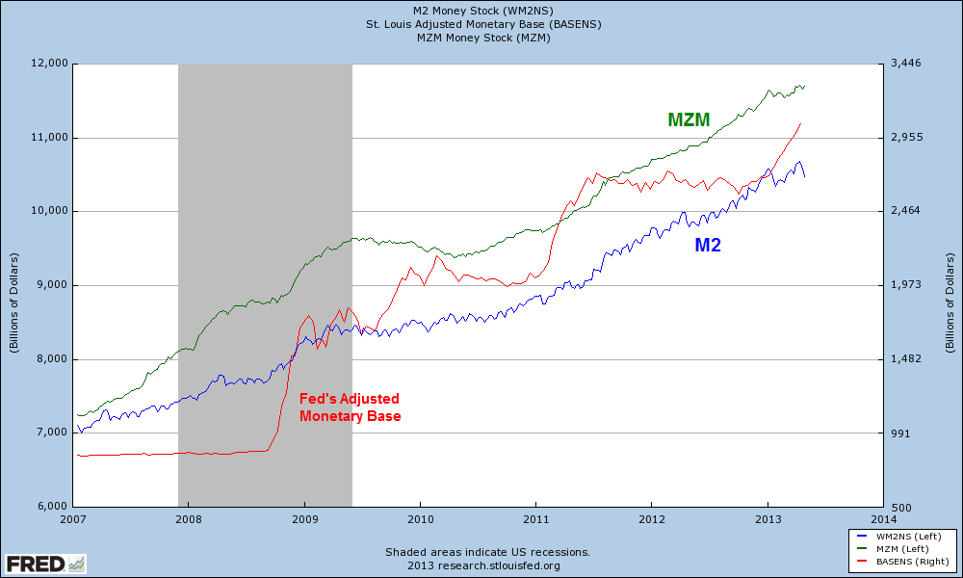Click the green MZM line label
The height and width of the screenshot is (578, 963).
[x=689, y=120]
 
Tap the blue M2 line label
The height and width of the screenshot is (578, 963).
[x=708, y=246]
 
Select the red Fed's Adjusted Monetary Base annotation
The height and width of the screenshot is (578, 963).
[x=349, y=407]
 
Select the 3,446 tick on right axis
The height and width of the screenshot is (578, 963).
[x=909, y=64]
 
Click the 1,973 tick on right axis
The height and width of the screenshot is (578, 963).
[x=909, y=285]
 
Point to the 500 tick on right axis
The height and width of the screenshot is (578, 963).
[x=902, y=507]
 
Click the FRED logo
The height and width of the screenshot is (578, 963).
[x=44, y=563]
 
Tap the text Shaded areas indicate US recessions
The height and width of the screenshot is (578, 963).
[x=487, y=552]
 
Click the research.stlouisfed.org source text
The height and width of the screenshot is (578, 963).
[x=487, y=565]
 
